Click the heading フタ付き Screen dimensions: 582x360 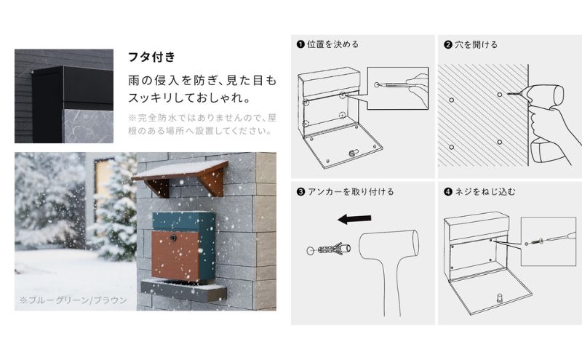coord(151,57)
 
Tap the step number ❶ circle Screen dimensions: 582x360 coord(300,44)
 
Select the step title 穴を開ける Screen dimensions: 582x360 coord(476,44)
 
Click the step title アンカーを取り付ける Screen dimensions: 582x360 coord(351,192)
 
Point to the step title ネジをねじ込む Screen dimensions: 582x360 coord(485,192)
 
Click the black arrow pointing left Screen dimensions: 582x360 coord(354,219)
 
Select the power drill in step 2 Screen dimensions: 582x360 coord(543,122)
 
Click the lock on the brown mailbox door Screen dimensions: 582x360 coord(173,238)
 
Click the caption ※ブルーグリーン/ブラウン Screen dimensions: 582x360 coord(73,300)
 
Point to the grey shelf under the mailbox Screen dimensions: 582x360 coord(183,289)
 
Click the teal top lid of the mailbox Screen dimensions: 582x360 coord(184,221)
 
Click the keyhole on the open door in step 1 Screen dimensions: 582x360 coord(353,153)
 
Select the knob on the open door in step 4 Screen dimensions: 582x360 coord(500,297)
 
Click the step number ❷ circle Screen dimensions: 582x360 coord(447,45)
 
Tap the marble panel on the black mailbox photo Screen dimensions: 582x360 coord(89,127)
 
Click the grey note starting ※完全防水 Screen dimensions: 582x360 coord(202,124)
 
